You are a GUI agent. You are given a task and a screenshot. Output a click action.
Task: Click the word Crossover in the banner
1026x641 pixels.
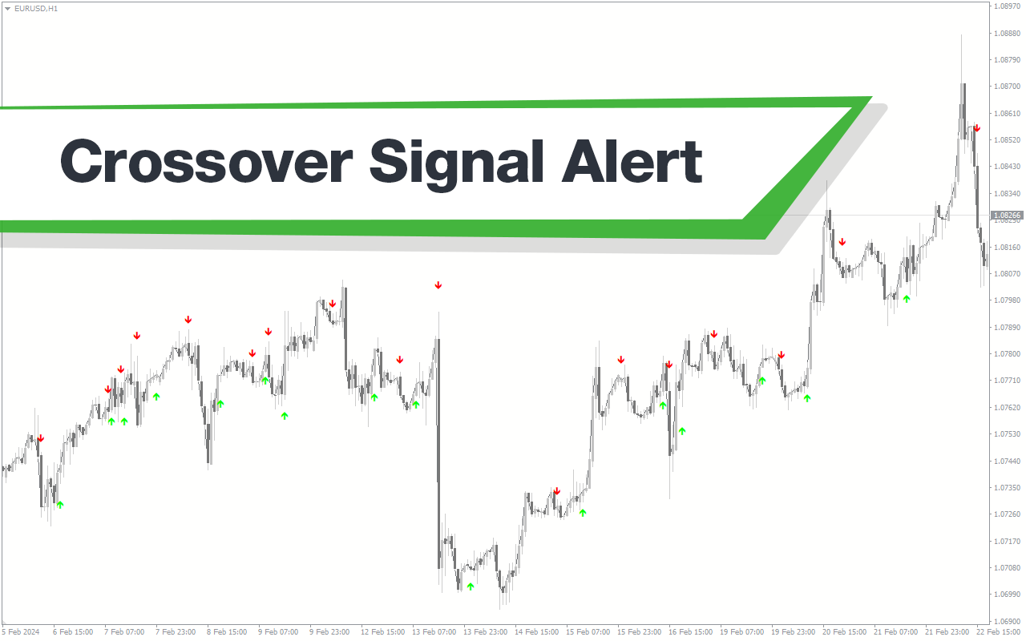pos(206,161)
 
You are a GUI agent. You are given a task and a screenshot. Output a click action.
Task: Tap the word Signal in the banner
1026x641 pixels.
pos(456,164)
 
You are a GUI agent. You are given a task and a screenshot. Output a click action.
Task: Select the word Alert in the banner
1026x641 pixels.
pos(632,161)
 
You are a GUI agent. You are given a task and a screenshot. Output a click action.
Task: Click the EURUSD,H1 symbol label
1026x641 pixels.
pos(36,8)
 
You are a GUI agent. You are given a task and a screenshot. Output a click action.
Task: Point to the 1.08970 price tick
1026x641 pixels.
pos(1007,6)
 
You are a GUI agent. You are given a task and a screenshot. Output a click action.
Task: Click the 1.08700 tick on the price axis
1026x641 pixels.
pos(1007,86)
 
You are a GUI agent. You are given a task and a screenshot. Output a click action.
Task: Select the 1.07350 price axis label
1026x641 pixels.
pos(1007,488)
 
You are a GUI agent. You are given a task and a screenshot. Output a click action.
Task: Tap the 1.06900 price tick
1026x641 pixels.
pos(1007,621)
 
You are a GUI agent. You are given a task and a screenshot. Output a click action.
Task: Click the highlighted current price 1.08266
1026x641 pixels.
pos(1007,216)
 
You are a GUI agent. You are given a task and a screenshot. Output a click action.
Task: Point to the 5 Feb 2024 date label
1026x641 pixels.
pos(21,632)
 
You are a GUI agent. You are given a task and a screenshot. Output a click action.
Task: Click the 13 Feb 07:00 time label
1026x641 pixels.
pos(434,632)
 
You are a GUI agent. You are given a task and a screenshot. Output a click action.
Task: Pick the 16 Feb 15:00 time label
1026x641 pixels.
pos(690,632)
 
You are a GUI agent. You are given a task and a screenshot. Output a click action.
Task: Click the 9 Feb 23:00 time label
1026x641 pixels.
pos(329,632)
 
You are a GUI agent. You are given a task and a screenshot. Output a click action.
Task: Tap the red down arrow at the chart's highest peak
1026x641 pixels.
pos(977,129)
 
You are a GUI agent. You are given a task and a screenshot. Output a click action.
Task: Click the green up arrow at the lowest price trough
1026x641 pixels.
pos(471,586)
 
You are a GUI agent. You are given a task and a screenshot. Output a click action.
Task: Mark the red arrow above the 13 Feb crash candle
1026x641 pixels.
pos(438,285)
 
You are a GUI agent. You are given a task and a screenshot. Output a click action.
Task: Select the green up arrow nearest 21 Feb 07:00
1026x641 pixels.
pos(907,299)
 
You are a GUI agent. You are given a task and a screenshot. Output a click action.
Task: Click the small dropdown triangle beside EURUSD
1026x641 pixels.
pos(7,9)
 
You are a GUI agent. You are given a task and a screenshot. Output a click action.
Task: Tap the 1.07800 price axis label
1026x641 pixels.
pos(1007,354)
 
